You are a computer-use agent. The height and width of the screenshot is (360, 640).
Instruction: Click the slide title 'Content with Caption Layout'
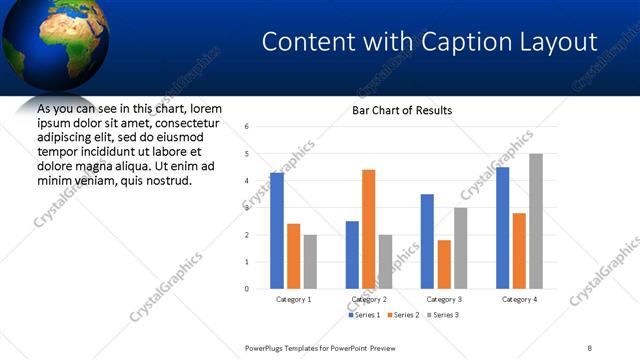coord(429,42)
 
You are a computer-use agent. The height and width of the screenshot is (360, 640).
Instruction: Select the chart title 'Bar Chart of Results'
coord(402,110)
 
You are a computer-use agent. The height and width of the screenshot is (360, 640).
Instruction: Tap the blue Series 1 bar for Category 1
coord(277,231)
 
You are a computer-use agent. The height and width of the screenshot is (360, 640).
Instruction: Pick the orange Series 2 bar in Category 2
coord(368,229)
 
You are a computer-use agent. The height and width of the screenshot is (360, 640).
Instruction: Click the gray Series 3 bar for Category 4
coord(536,221)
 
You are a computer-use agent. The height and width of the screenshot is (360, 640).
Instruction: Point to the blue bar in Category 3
coord(427,241)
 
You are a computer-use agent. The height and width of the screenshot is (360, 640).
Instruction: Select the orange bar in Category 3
coord(444,264)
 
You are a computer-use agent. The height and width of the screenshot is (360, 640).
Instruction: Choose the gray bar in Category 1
coord(310,262)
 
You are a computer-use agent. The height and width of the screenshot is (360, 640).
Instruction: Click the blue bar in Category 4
coord(502,228)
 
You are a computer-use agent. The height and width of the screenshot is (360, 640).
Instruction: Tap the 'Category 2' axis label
coord(369,299)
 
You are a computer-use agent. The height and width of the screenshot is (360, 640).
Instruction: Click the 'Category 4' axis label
coord(519,299)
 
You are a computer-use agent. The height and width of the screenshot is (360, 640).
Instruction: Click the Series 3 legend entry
coord(444,315)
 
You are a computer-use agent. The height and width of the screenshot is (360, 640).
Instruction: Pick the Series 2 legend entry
coord(405,315)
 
